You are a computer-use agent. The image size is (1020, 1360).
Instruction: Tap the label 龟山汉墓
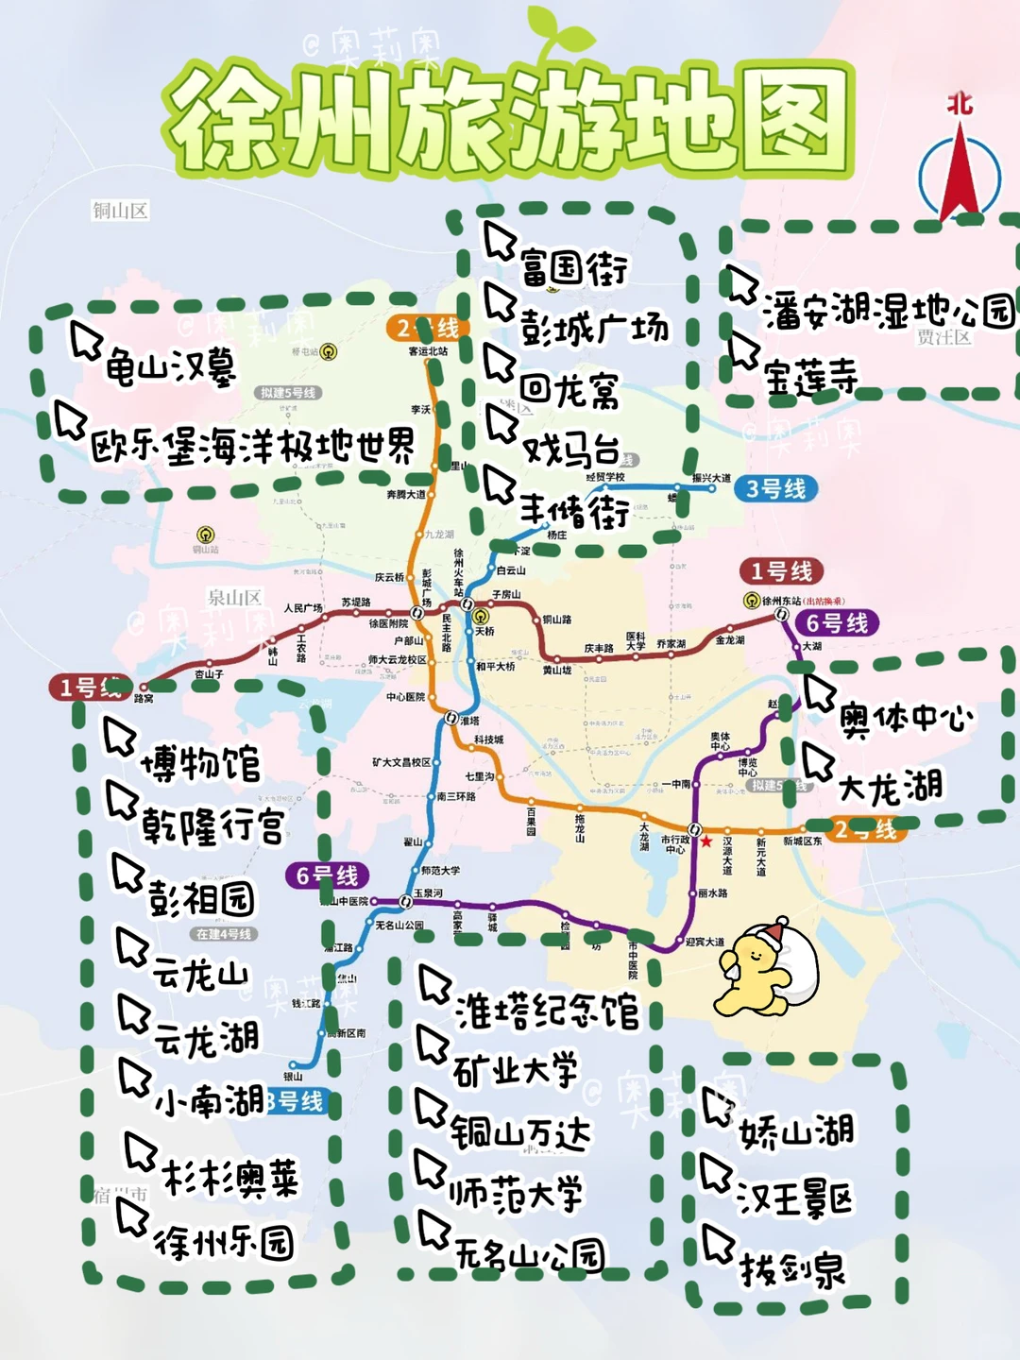point(170,366)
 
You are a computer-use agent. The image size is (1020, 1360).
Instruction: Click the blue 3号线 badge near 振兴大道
point(775,489)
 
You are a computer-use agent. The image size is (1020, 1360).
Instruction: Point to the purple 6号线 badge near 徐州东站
point(837,623)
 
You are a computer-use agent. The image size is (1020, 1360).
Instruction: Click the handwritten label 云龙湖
point(206,1039)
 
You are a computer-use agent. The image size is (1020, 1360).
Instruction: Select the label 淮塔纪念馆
point(547,1011)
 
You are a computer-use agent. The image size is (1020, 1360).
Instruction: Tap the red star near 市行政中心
point(706,841)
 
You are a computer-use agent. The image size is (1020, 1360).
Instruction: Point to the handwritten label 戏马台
point(570,449)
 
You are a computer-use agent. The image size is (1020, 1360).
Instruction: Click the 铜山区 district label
point(120,211)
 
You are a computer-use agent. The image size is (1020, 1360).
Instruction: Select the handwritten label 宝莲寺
point(810,378)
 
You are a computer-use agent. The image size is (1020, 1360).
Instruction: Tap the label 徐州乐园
point(224,1243)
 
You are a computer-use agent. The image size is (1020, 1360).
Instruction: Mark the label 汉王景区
point(795,1199)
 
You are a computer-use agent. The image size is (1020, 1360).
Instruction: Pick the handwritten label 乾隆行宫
point(212,826)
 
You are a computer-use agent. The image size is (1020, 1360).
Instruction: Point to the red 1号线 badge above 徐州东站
point(781,571)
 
